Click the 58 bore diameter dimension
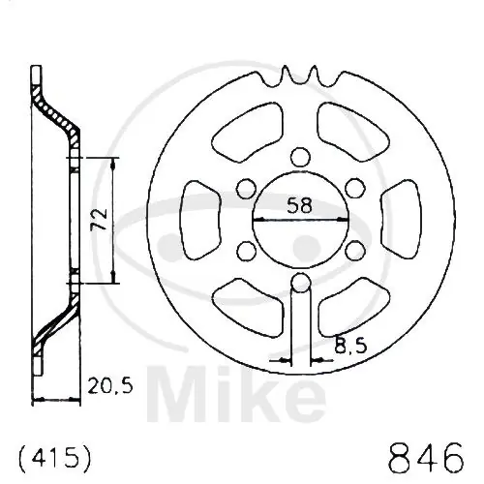[x=300, y=205]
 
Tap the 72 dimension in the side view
[x=100, y=219]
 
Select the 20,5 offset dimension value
[x=110, y=385]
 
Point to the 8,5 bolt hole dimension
[x=350, y=345]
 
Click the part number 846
[x=426, y=458]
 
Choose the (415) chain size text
[x=55, y=457]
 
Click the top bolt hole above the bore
[x=300, y=157]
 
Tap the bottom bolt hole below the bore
[x=300, y=283]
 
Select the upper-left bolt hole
[x=246, y=189]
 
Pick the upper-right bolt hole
[x=354, y=189]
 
